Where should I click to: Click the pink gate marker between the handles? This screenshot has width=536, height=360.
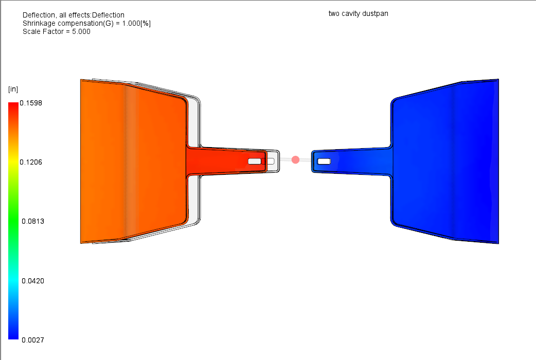click(x=295, y=160)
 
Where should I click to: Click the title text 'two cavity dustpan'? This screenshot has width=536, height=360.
click(x=358, y=13)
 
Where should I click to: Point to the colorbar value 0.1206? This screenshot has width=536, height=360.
click(x=31, y=162)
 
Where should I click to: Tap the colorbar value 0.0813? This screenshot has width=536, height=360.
click(x=32, y=221)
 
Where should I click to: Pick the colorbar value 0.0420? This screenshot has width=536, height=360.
click(x=32, y=281)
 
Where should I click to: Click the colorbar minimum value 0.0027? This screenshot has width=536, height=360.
click(x=32, y=340)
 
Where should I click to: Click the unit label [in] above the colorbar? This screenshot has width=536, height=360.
click(x=13, y=89)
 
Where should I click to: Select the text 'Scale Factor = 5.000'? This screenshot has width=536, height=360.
click(x=57, y=31)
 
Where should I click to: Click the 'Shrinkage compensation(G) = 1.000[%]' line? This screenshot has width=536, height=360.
click(x=86, y=23)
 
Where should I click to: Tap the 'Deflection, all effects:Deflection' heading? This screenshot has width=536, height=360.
click(x=74, y=15)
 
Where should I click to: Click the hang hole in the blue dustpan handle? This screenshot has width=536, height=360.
click(x=324, y=161)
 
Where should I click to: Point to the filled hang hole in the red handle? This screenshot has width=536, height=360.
click(x=255, y=161)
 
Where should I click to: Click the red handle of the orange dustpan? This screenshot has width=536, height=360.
click(x=221, y=161)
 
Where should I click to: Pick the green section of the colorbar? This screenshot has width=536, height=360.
click(x=13, y=221)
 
